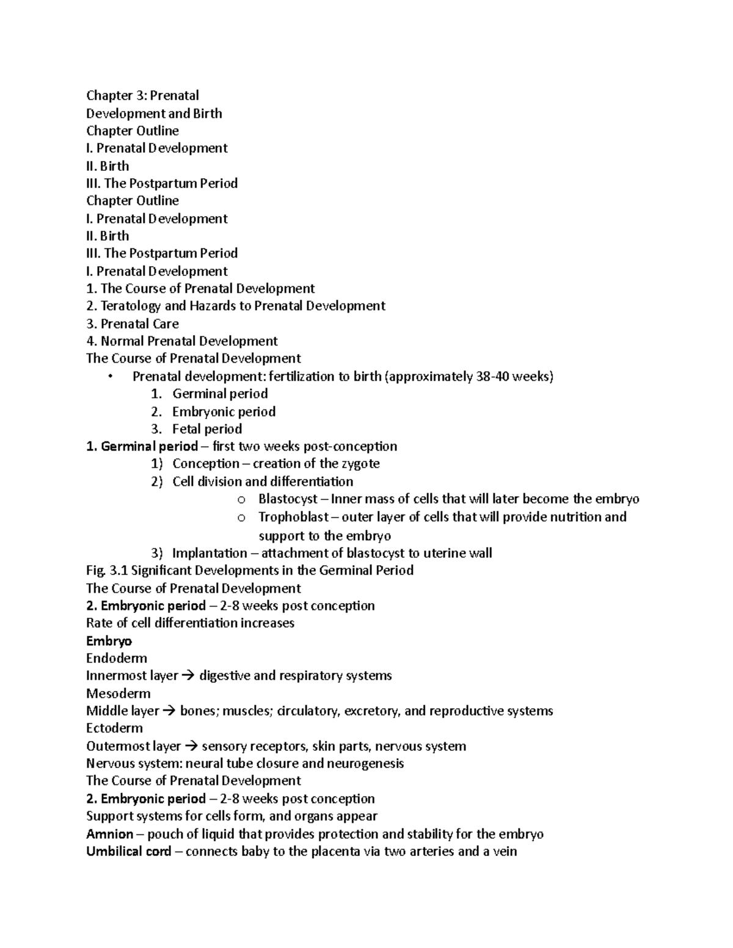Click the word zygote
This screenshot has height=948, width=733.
pos(359,464)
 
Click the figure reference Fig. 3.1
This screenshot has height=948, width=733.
pos(107,571)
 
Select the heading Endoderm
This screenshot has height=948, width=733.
pos(117,659)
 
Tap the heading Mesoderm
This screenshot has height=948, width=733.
pos(119,693)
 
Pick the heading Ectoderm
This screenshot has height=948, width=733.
pos(115,728)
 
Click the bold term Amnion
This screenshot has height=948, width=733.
pos(110,834)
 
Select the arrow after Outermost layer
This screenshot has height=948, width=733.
pos(191,747)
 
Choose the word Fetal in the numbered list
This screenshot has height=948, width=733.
pos(186,429)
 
